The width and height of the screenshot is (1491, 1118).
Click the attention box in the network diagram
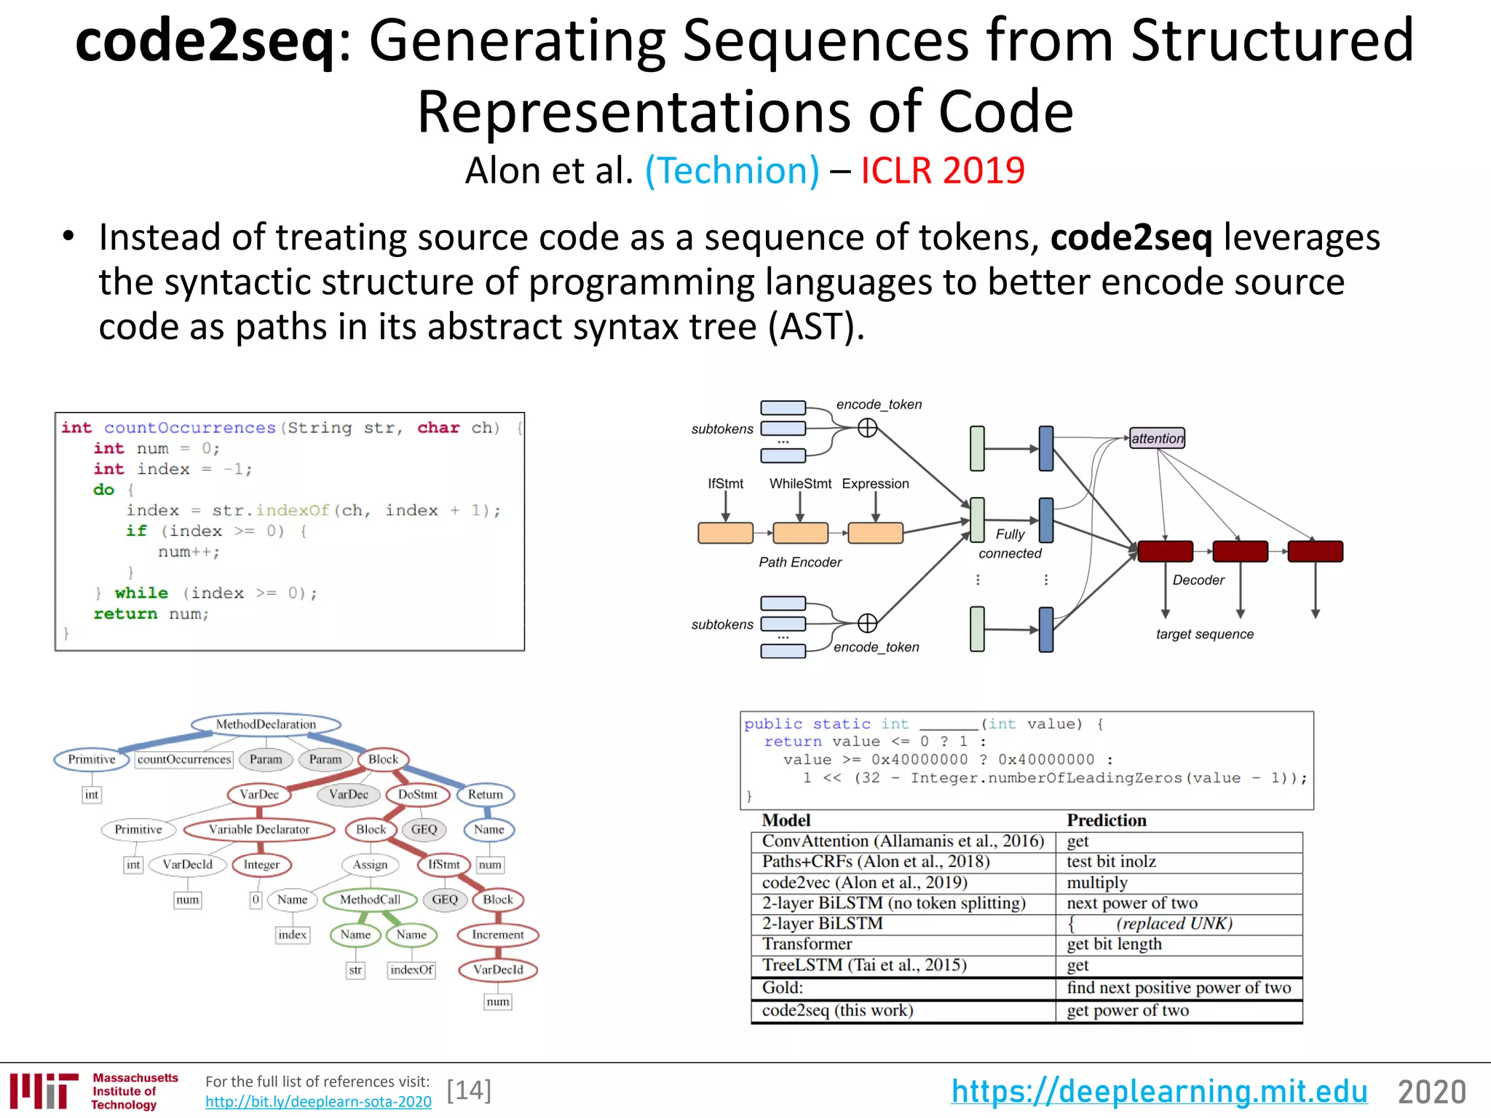click(1157, 438)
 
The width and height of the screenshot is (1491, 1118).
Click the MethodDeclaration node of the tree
click(266, 724)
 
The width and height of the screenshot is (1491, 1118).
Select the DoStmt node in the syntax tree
click(417, 794)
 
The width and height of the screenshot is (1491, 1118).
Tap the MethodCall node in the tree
click(370, 900)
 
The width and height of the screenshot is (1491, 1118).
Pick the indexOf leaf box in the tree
click(411, 970)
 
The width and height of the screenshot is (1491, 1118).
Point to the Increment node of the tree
click(497, 935)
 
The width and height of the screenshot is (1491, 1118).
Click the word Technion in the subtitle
click(732, 171)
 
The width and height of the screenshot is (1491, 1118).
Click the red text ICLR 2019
click(942, 171)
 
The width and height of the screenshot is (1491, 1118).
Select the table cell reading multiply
click(1096, 883)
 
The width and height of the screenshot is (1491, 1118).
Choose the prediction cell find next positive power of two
click(1178, 988)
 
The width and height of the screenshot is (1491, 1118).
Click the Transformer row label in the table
click(807, 944)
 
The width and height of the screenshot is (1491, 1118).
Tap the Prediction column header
click(1106, 820)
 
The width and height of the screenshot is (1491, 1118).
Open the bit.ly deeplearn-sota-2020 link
click(318, 1102)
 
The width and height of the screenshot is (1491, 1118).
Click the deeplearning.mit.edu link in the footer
click(1159, 1092)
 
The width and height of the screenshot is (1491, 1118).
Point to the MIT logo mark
click(44, 1091)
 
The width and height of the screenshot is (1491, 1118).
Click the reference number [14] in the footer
click(469, 1090)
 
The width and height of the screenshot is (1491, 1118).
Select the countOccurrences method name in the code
click(190, 428)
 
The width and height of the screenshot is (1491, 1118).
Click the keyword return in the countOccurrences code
click(125, 614)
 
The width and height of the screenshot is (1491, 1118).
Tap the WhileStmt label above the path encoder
click(800, 484)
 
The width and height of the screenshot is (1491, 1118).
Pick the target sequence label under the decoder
click(1204, 634)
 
